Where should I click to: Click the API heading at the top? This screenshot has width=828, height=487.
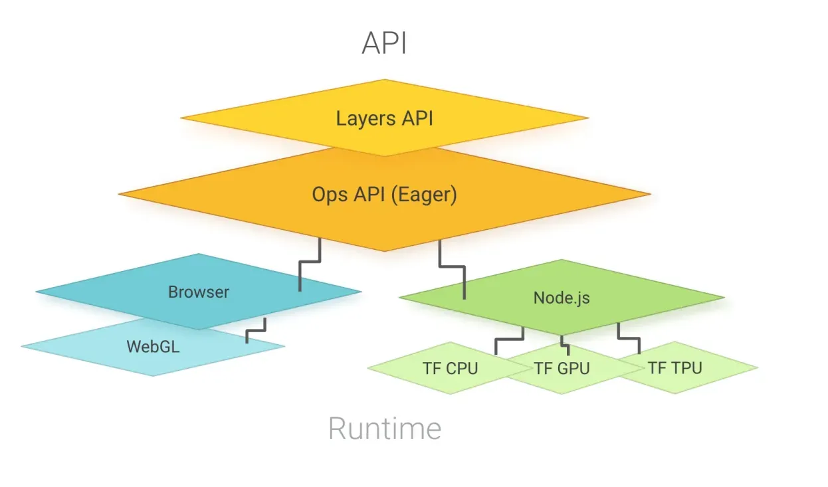(x=384, y=44)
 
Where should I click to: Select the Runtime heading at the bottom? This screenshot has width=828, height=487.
(x=385, y=429)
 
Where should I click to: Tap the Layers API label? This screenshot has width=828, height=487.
(x=384, y=119)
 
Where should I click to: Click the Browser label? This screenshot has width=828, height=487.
(x=198, y=292)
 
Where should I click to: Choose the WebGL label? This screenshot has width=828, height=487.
(x=153, y=346)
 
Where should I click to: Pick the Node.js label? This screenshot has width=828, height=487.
(x=562, y=298)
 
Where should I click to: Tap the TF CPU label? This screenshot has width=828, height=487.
(x=450, y=367)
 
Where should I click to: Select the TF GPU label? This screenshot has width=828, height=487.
(x=562, y=367)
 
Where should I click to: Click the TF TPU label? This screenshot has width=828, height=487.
(x=675, y=367)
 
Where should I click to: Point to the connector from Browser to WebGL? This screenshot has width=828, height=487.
(x=256, y=330)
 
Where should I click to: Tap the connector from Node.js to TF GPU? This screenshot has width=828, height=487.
(x=563, y=343)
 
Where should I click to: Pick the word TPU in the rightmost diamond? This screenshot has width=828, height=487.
(x=686, y=367)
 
